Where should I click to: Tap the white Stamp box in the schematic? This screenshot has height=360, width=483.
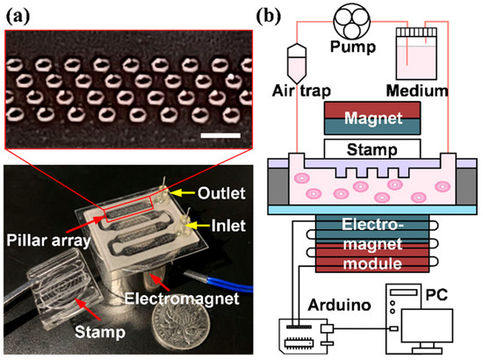pyautogui.click(x=363, y=148)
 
